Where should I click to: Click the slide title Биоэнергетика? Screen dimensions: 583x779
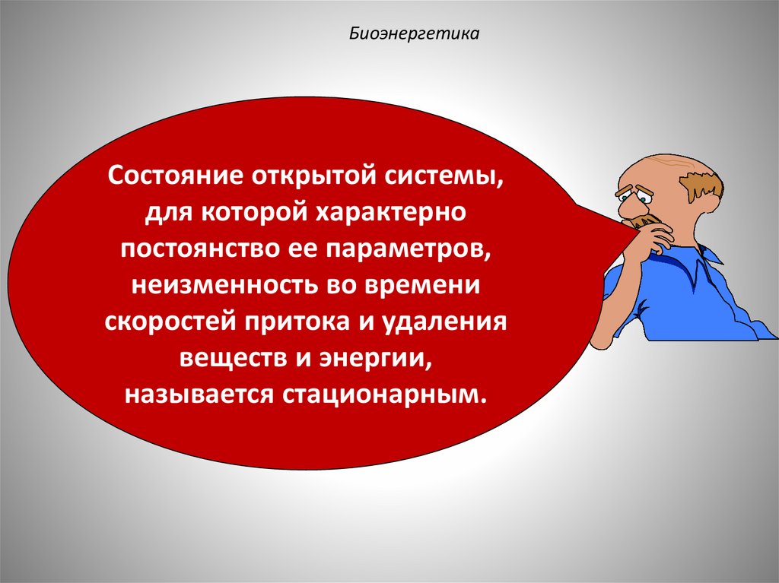[414, 34]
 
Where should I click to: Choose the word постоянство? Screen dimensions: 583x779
[189, 249]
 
